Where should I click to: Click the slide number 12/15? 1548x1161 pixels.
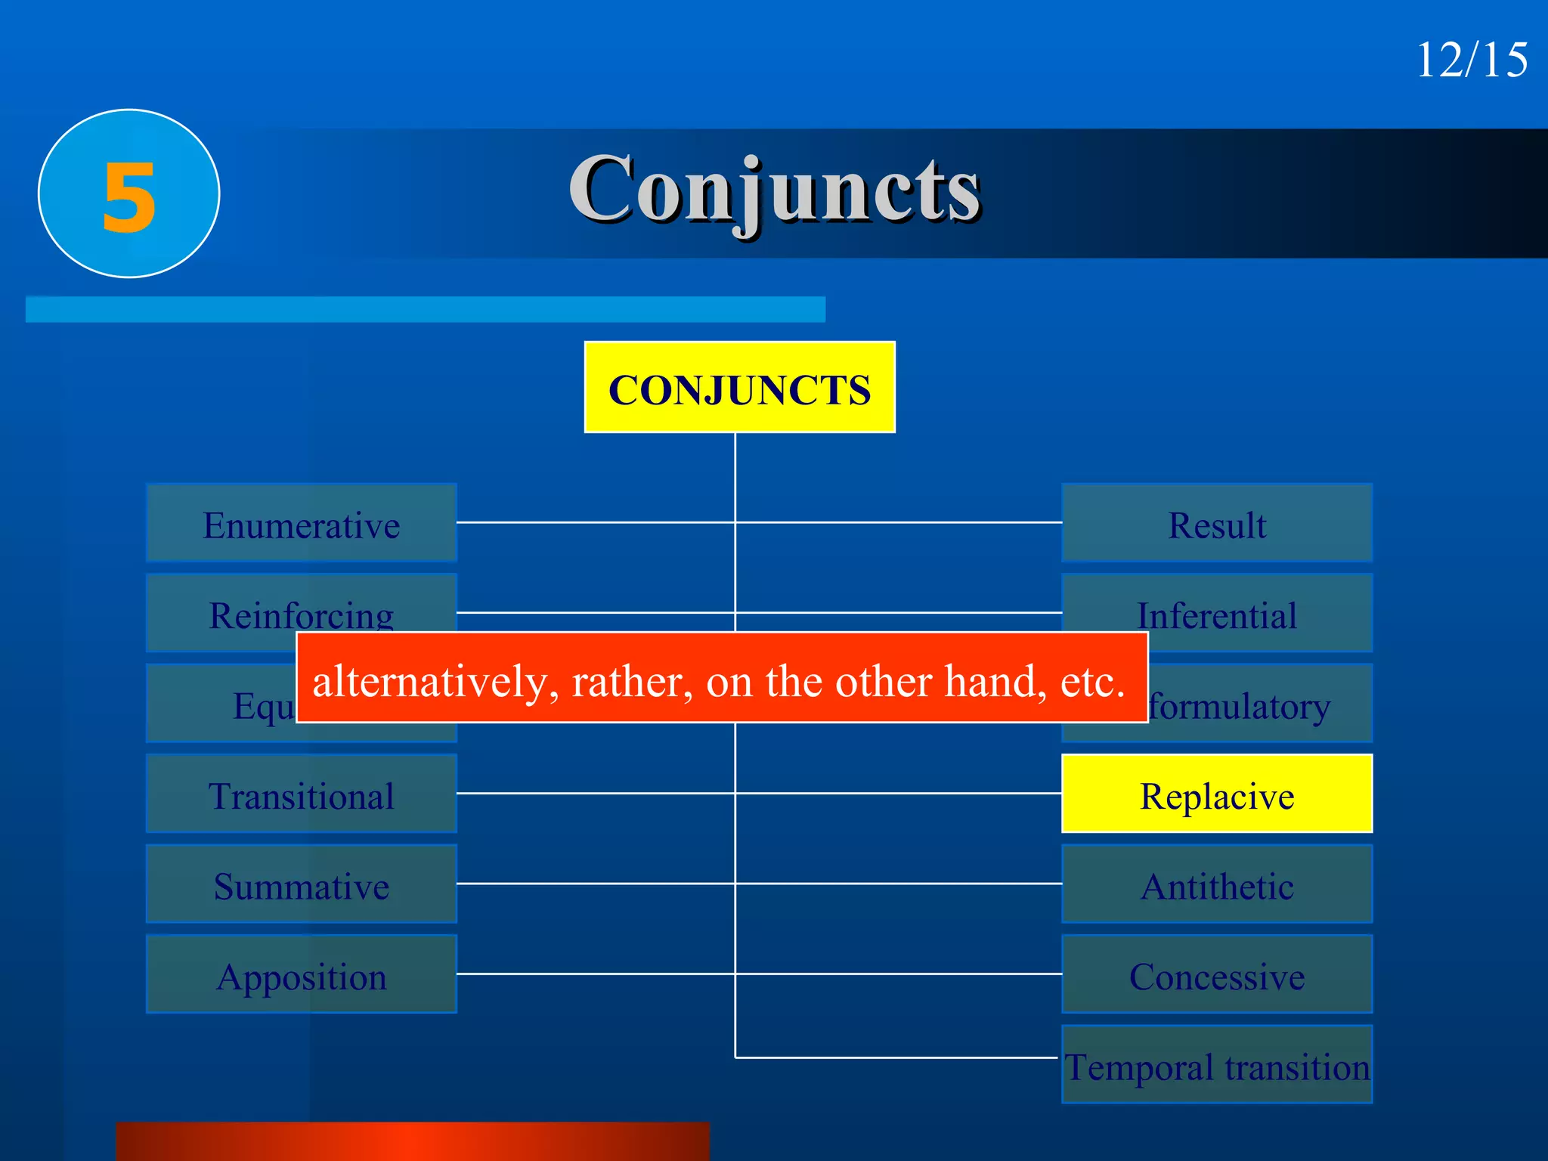coord(1471,60)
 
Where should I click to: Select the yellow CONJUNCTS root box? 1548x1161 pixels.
coord(739,388)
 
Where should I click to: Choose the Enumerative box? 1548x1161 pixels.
coord(301,523)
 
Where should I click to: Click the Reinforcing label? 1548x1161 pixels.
coord(301,614)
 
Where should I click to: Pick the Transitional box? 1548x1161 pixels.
coord(301,794)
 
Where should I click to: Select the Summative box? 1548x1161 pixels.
coord(301,884)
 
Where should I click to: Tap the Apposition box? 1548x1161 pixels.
coord(301,975)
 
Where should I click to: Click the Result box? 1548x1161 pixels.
coord(1217,523)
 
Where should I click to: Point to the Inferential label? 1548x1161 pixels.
coord(1217,614)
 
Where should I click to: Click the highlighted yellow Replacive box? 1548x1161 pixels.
coord(1217,794)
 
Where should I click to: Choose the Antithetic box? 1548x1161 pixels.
coord(1217,884)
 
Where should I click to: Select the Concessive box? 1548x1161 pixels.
coord(1217,975)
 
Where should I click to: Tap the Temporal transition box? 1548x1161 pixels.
coord(1217,1066)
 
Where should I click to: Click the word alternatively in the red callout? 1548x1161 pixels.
coord(435,682)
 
